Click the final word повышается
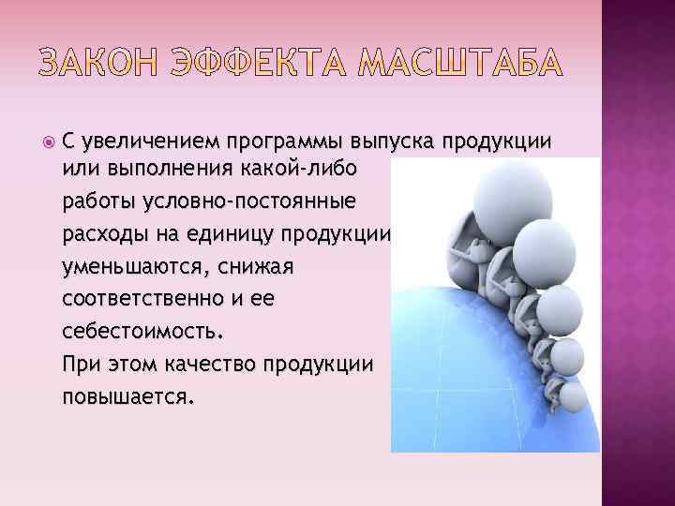(x=127, y=396)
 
